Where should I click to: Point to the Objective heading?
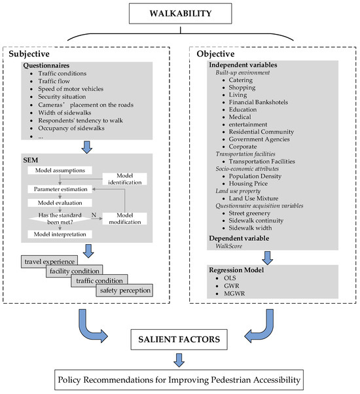pos(217,56)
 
